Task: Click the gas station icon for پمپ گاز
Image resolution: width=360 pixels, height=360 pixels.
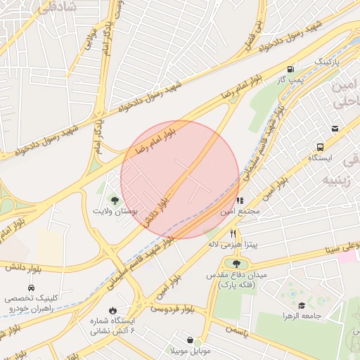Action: [x=290, y=69]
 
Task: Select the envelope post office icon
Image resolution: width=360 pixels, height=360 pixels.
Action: [x=335, y=129]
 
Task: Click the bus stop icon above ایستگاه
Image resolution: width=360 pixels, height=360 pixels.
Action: [x=321, y=147]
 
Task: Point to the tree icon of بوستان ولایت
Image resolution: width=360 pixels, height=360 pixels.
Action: [x=115, y=201]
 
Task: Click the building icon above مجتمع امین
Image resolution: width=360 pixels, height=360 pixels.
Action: [x=240, y=200]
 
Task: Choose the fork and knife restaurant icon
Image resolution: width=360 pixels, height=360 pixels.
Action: [x=233, y=233]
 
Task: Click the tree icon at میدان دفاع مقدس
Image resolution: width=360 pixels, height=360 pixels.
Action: [x=236, y=264]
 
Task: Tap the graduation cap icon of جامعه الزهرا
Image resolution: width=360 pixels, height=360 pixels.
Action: [x=302, y=305]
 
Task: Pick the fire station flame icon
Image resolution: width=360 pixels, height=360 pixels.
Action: [x=112, y=310]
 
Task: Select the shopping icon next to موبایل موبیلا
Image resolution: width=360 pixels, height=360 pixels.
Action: [x=189, y=340]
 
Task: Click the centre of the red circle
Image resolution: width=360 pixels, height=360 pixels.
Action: [x=180, y=180]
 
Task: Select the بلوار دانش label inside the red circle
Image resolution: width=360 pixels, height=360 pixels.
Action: [x=159, y=210]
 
